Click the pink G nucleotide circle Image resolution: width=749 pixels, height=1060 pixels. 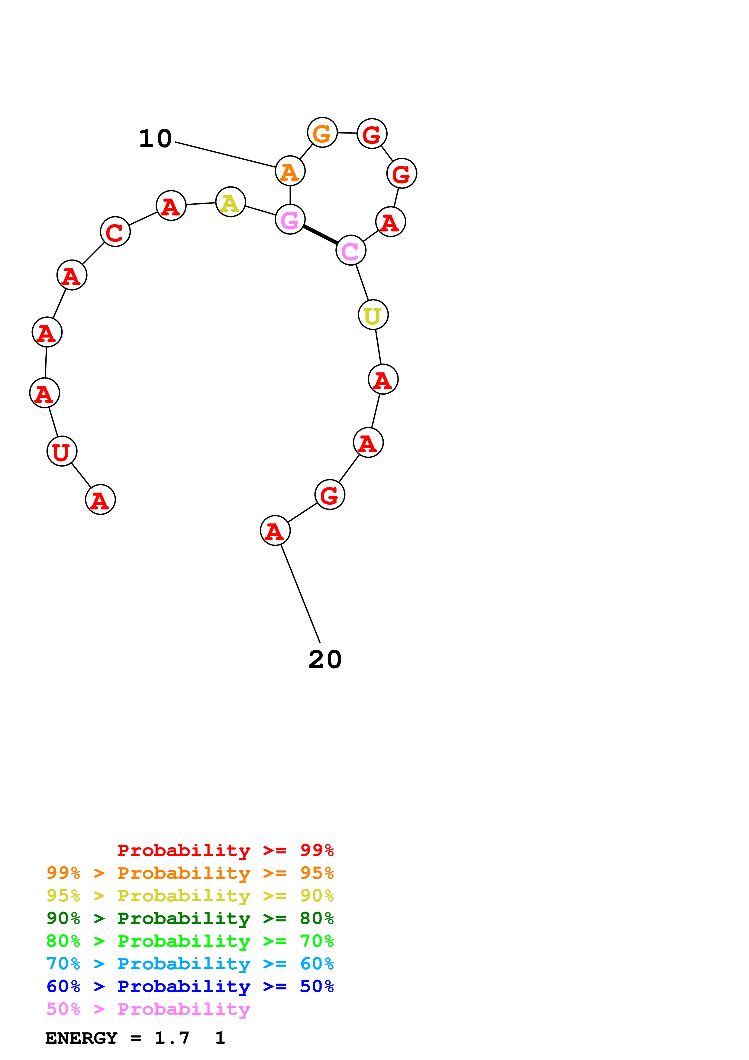(x=290, y=219)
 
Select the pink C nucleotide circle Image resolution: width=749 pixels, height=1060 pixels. (x=351, y=250)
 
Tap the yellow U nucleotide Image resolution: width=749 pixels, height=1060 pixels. (x=373, y=315)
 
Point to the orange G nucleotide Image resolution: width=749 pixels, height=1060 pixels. (x=322, y=132)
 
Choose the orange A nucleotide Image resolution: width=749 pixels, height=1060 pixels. (x=290, y=171)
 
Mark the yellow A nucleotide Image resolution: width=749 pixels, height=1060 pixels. (x=230, y=202)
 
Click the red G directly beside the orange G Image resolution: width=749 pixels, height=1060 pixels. (x=372, y=134)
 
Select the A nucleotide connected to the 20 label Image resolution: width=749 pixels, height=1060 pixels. (x=275, y=531)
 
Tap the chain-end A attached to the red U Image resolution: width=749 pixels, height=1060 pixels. (x=100, y=499)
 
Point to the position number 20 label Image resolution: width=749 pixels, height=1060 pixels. (x=325, y=659)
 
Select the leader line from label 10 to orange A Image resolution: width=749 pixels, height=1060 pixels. (x=225, y=155)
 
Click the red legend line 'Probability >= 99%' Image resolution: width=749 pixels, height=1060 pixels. (x=225, y=850)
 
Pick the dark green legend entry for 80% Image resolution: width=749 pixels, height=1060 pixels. (x=190, y=918)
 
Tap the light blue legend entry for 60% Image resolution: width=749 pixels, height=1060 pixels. (x=190, y=964)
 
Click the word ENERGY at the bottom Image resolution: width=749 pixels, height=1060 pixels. (x=81, y=1038)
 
